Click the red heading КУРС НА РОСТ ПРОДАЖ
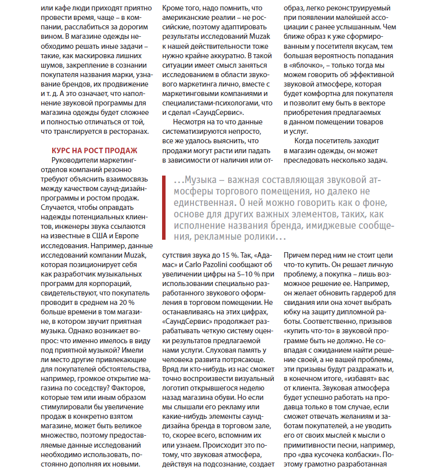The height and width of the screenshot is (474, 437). [94, 150]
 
